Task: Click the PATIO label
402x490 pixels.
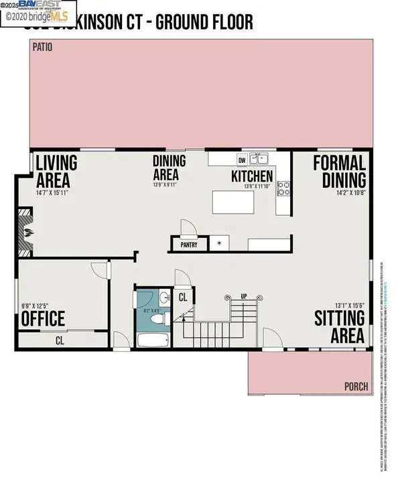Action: tap(42, 48)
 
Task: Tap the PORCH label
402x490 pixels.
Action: tap(356, 386)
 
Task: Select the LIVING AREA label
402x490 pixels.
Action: tap(56, 172)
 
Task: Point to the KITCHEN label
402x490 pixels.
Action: tap(252, 176)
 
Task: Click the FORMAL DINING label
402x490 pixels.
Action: tap(339, 171)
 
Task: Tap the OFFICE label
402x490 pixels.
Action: tap(44, 318)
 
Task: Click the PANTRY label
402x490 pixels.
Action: tap(189, 245)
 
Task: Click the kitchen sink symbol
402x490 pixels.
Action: tap(260, 160)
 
